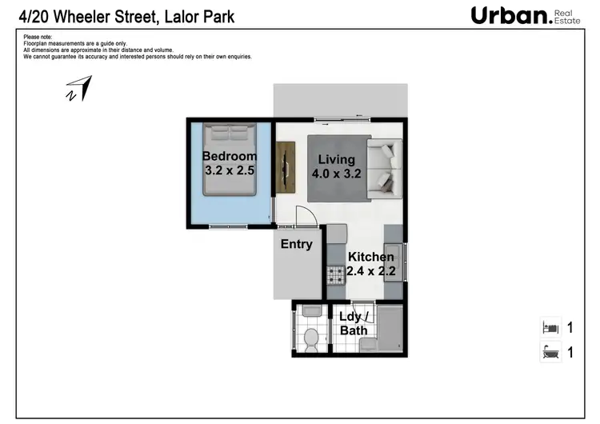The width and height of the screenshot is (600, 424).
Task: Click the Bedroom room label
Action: pyautogui.click(x=230, y=156)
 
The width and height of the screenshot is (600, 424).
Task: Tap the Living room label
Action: pyautogui.click(x=337, y=159)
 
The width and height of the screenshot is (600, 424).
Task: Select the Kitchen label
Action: pyautogui.click(x=370, y=257)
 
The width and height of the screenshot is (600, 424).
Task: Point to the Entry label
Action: pyautogui.click(x=296, y=244)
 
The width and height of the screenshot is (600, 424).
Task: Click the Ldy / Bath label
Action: pyautogui.click(x=354, y=323)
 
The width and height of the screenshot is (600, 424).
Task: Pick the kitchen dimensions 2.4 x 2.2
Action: pyautogui.click(x=370, y=272)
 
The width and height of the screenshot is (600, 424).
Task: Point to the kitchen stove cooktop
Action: pyautogui.click(x=335, y=274)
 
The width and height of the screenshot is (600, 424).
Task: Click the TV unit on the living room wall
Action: pyautogui.click(x=286, y=166)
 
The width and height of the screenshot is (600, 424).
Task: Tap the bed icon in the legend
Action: pyautogui.click(x=550, y=327)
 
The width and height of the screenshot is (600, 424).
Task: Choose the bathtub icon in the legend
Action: pyautogui.click(x=550, y=351)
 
